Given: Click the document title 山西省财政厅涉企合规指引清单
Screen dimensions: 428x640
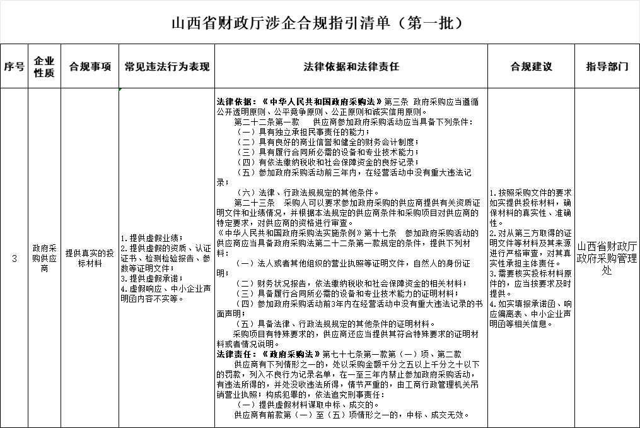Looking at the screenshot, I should click(318, 23).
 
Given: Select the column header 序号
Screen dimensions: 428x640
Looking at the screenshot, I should click(14, 66).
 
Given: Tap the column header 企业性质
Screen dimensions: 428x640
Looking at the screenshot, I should click(44, 66).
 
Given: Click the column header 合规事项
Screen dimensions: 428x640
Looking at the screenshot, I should click(90, 66).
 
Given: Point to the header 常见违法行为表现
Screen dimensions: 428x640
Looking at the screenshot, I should click(166, 66).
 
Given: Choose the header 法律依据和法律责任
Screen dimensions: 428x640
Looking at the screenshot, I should click(351, 66).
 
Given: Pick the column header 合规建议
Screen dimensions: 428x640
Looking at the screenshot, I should click(531, 66).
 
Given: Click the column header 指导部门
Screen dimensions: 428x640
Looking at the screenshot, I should click(607, 66).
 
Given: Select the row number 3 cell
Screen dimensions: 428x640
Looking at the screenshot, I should click(14, 258).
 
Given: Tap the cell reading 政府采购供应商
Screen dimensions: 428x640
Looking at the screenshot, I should click(44, 258).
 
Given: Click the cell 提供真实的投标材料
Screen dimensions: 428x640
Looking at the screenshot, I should click(90, 258).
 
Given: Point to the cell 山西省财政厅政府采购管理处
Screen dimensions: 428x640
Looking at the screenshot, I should click(607, 258).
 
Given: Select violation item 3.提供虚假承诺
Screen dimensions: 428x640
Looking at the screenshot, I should click(151, 278).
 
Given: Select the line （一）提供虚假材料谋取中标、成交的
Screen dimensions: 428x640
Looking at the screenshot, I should click(307, 405).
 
